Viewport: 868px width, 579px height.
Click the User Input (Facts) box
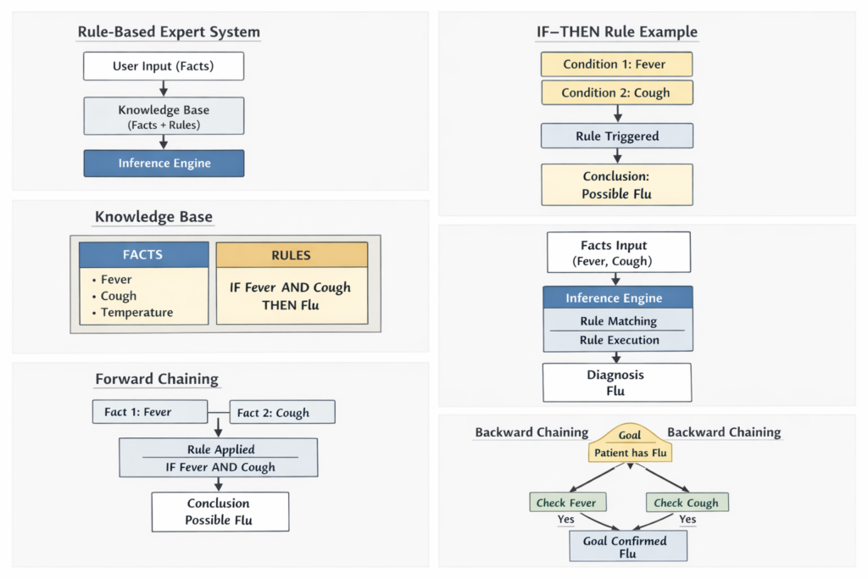164,66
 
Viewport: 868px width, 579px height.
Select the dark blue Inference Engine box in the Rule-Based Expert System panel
164,164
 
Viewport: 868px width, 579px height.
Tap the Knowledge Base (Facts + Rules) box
164,115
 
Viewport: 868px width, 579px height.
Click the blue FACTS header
143,254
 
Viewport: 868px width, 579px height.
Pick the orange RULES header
292,255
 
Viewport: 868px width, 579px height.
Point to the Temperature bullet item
136,312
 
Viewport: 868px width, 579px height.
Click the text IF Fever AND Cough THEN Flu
291,296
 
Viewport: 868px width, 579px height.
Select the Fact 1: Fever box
150,412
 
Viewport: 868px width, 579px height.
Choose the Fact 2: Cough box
283,413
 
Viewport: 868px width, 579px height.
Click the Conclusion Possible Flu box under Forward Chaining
220,511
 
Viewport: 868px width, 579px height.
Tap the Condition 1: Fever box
616,64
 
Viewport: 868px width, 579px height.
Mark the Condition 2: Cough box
616,92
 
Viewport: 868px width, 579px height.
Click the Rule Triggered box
616,136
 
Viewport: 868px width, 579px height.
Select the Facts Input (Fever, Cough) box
619,253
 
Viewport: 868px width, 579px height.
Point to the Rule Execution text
619,340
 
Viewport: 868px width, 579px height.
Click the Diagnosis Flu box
616,382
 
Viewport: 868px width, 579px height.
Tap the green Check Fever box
566,503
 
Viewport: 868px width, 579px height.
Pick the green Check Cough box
686,503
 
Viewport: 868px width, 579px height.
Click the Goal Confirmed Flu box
627,547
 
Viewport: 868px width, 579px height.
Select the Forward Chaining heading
157,379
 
